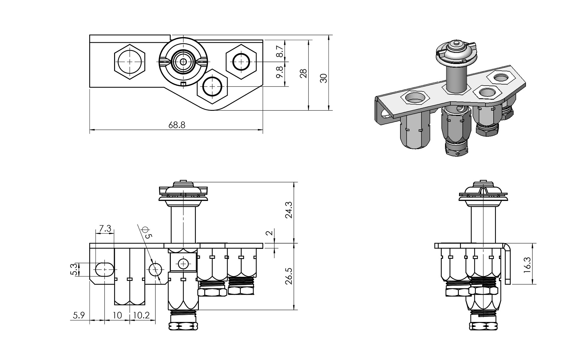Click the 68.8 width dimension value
tap(177, 125)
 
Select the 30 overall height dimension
tap(324, 78)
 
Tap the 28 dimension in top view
tap(304, 73)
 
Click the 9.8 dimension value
tap(279, 72)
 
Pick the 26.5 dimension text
tap(289, 276)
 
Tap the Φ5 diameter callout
tap(147, 232)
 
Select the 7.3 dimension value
tap(105, 229)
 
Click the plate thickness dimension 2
tap(269, 233)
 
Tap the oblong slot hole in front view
tap(105, 269)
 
